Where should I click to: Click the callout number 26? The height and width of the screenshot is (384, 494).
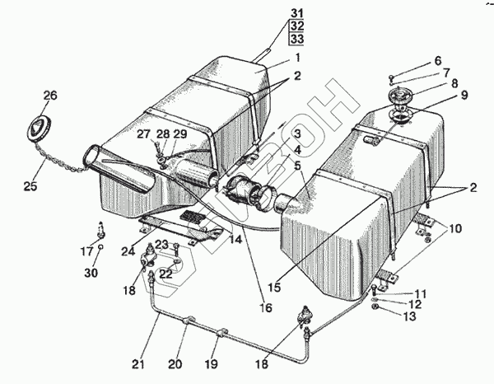(x=50, y=96)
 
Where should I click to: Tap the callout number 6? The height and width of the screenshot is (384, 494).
(x=437, y=61)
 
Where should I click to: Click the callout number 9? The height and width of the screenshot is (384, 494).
(x=464, y=95)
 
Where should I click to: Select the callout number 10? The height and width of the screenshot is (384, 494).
(x=455, y=227)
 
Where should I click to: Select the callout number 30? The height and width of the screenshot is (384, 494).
(x=100, y=273)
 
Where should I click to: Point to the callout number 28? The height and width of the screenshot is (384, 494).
(x=164, y=134)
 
